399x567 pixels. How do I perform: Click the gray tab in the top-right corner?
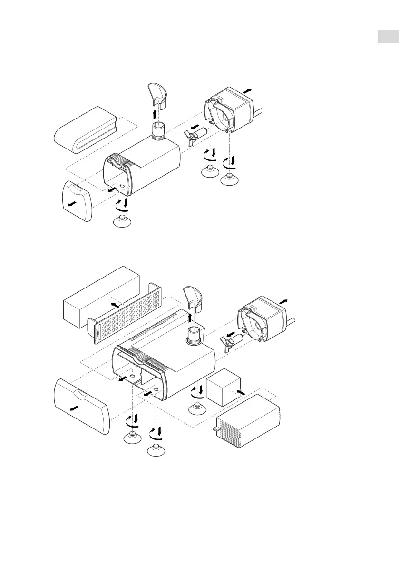(388, 37)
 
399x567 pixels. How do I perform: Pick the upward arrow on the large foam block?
(114, 304)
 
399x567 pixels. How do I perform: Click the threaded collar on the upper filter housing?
(158, 130)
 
